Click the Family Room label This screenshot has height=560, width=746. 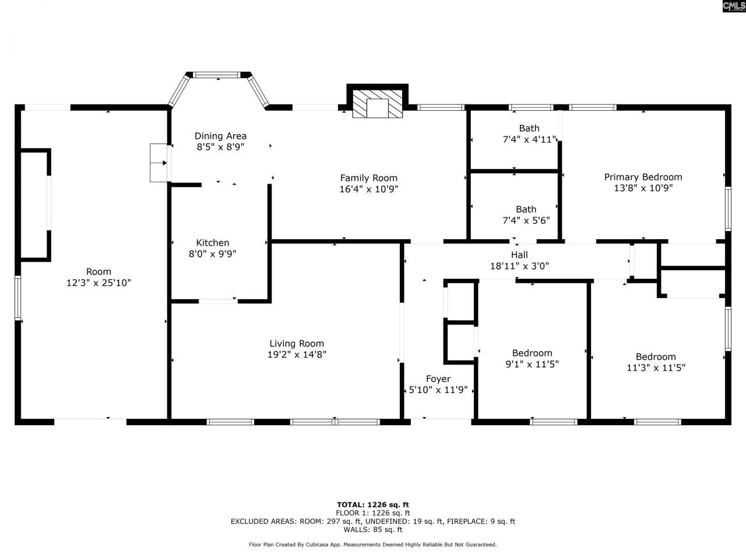[x=368, y=178]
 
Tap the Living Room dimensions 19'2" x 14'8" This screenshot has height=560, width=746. [x=297, y=354]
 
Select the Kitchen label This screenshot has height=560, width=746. [x=212, y=243]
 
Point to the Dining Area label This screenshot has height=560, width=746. [x=220, y=136]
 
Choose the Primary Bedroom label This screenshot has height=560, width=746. [x=643, y=177]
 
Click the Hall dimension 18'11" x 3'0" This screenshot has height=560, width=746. [x=519, y=266]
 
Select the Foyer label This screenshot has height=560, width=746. [x=438, y=379]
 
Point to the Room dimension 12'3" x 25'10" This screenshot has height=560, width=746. [x=98, y=283]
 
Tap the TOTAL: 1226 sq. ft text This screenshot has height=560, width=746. [x=373, y=505]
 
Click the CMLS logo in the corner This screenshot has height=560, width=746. [x=733, y=6]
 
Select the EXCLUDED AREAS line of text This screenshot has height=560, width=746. [x=373, y=521]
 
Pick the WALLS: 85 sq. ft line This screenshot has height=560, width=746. [x=373, y=530]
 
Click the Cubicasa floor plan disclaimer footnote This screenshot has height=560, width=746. [x=373, y=544]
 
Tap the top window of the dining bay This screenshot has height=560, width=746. [x=217, y=75]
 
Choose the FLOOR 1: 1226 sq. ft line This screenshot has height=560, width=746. [x=373, y=513]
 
